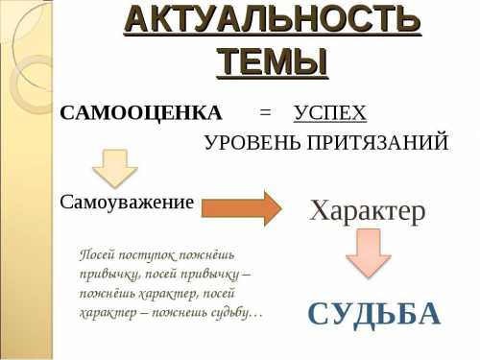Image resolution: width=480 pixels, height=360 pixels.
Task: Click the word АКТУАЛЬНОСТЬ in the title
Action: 273,20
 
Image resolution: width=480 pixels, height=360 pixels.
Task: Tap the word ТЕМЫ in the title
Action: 273,60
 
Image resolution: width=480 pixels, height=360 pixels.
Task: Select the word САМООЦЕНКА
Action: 140,113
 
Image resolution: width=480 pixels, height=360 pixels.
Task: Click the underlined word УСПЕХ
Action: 330,113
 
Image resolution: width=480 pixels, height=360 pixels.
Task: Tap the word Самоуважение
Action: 127,203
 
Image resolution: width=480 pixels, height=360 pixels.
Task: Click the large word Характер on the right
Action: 367,210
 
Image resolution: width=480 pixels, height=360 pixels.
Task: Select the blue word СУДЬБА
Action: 374,313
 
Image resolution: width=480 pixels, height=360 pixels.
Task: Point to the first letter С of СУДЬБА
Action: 320,313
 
